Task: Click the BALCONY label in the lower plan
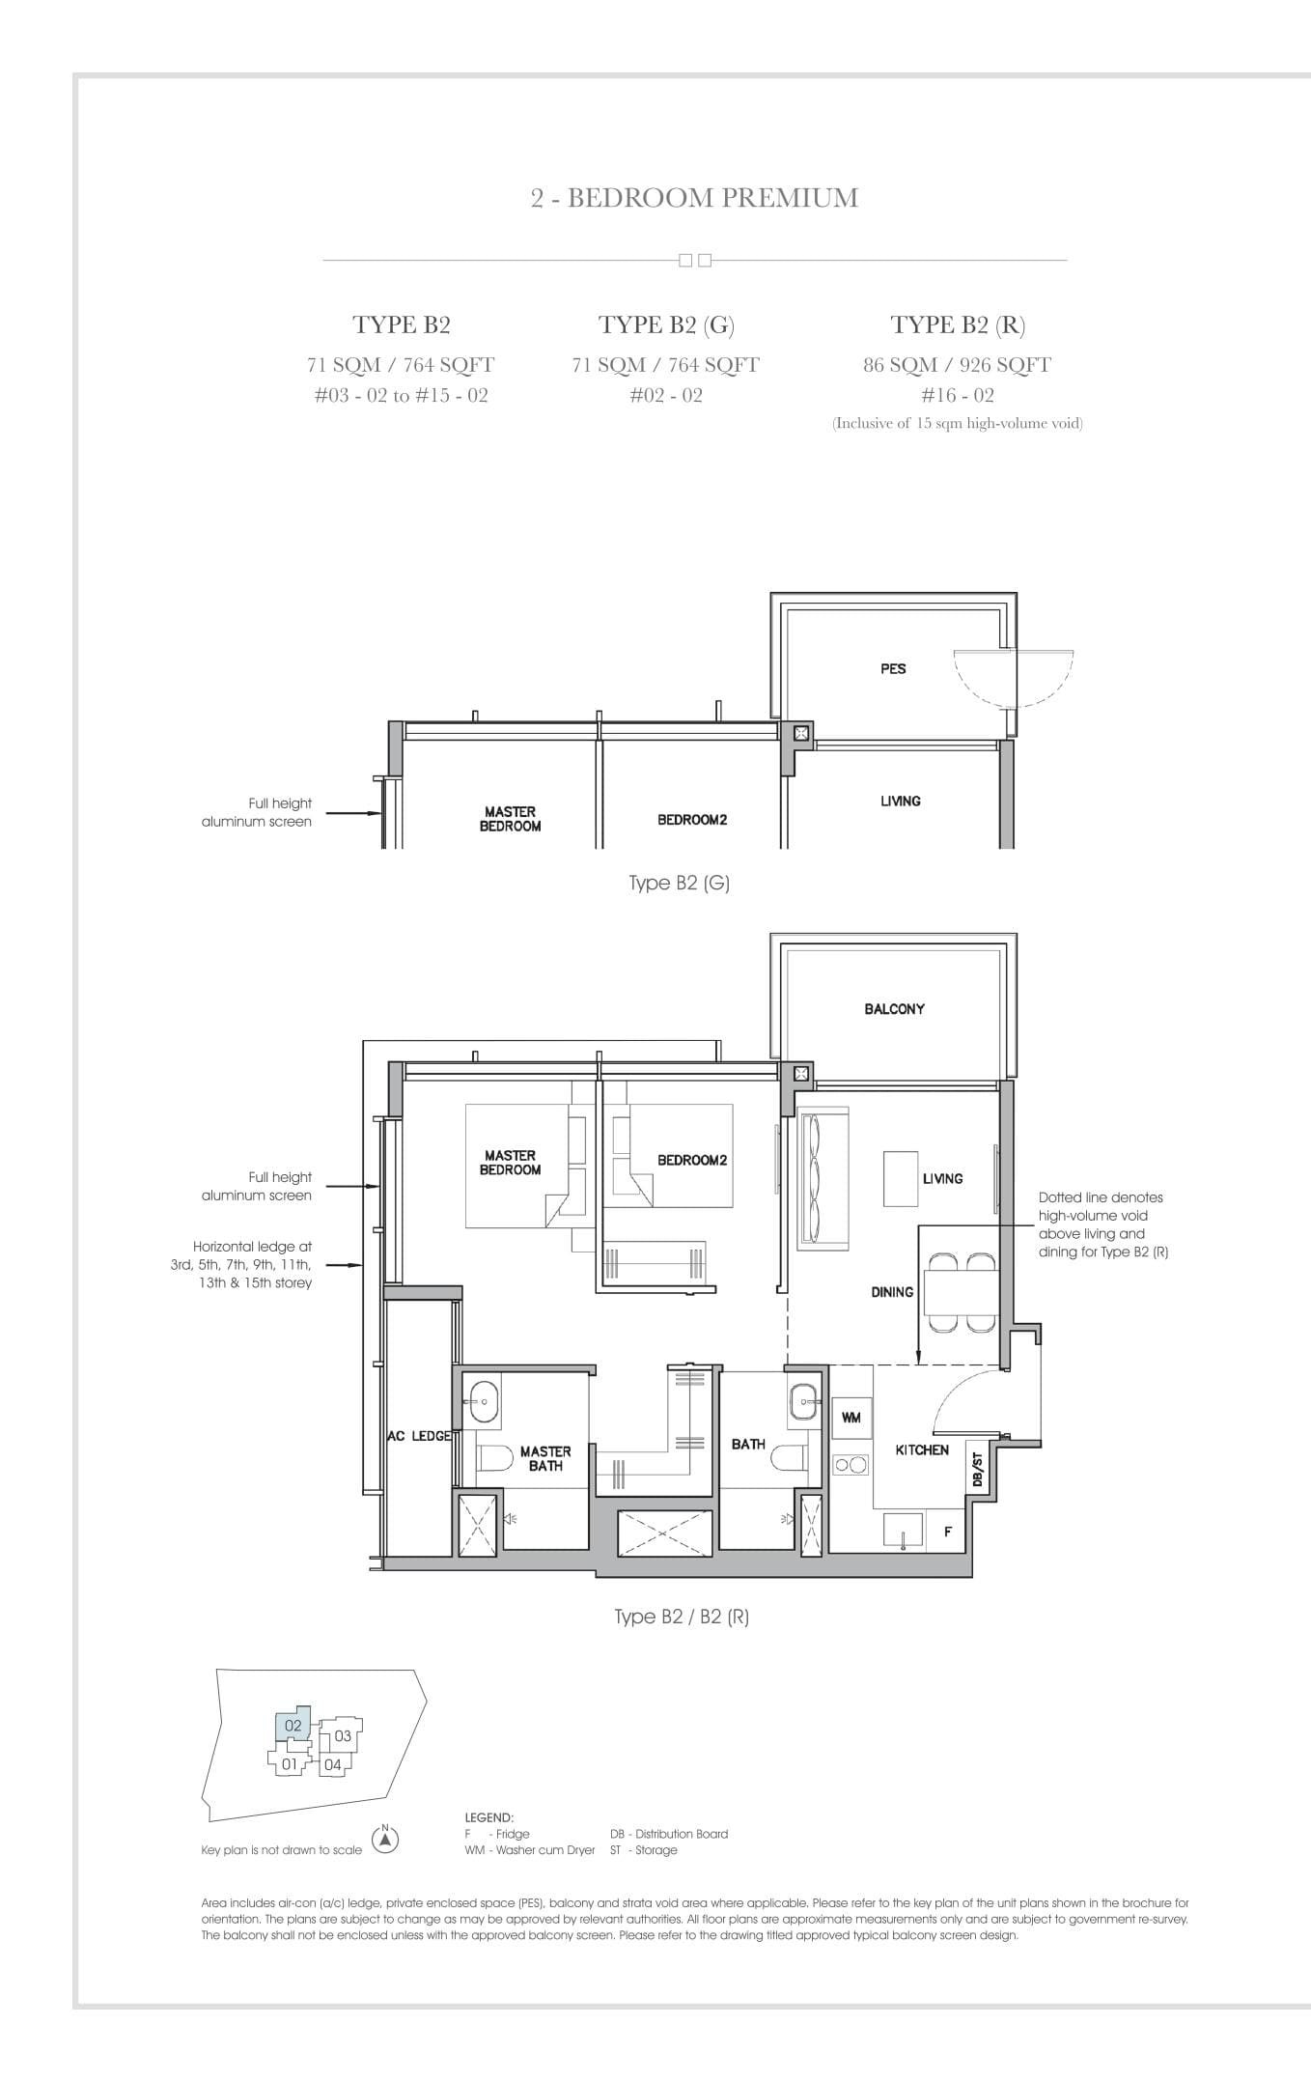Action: coord(894,1008)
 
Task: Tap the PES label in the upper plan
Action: coord(893,668)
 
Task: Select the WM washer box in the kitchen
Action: coord(851,1418)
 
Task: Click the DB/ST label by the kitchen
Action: coord(976,1472)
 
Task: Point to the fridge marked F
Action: coord(947,1532)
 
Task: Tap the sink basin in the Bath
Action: coord(803,1397)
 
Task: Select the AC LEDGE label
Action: coord(419,1436)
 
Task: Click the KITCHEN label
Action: coord(922,1449)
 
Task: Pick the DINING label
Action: coord(892,1292)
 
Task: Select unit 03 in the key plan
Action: coord(343,1736)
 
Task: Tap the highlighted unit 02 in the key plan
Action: coord(293,1725)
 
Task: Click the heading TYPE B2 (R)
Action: coord(958,324)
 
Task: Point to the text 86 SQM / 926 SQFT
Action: coord(958,365)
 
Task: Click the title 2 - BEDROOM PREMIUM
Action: coord(694,198)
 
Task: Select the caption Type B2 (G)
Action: coord(679,883)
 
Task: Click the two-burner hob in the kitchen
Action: coord(851,1465)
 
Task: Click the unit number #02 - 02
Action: coord(666,395)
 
